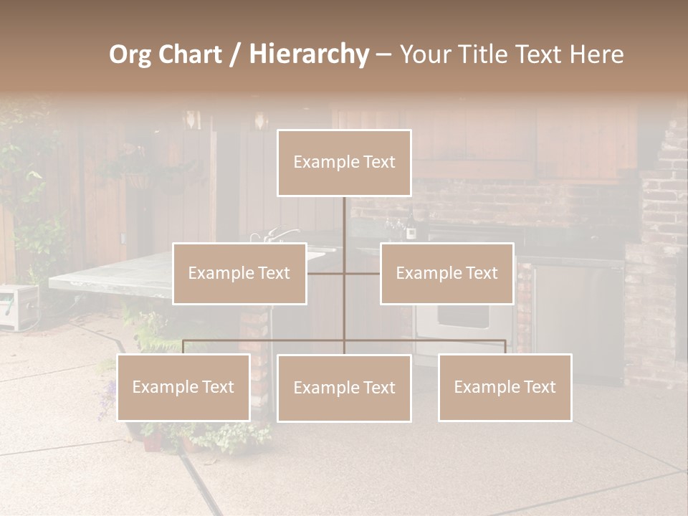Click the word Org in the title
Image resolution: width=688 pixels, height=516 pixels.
coord(130,54)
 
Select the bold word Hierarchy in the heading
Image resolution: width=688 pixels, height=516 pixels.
coord(309,54)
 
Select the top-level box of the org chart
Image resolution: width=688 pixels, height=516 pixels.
coord(344,163)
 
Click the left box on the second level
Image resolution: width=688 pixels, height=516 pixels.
coord(239,273)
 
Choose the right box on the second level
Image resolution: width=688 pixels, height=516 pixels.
coord(446,273)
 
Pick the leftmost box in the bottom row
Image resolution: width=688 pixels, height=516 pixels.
coord(183,387)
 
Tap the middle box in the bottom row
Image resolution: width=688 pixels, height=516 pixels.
coord(344,388)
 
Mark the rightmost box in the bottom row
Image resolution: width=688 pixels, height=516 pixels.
coord(505,387)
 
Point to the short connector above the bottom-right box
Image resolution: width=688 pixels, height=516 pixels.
coord(505,347)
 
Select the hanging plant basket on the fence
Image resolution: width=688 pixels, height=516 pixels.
coord(138,179)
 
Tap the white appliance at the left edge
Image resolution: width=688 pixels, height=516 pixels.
coord(18,307)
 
